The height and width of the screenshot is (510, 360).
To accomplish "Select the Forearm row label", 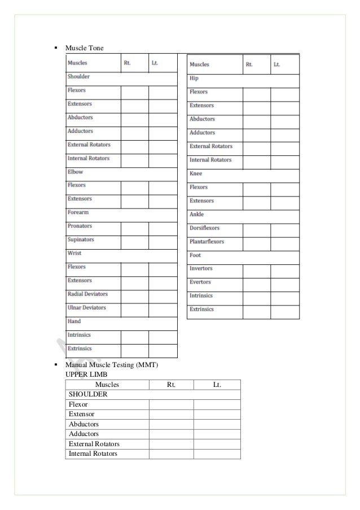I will (x=78, y=212).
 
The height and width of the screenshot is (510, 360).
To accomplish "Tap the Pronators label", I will (x=80, y=226).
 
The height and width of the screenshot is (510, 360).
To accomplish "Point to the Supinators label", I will (x=81, y=239).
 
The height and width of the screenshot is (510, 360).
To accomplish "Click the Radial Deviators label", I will (x=87, y=294).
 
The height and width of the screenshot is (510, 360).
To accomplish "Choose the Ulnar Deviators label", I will (x=86, y=308).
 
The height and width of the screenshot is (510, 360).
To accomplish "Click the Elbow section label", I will (x=75, y=172).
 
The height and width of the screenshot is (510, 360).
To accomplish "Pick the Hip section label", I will (x=194, y=79).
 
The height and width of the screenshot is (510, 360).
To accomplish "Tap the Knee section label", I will (x=196, y=174).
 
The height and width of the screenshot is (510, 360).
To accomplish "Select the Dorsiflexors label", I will (x=204, y=228).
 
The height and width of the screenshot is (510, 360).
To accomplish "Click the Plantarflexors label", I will (x=207, y=242).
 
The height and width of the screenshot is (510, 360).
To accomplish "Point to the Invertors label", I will (x=201, y=269).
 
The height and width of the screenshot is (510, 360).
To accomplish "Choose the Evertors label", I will (x=200, y=282).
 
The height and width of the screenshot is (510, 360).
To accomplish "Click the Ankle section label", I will (x=197, y=215).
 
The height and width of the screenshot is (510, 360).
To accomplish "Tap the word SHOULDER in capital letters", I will (x=86, y=395).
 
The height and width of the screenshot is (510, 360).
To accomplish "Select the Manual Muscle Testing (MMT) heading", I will (x=112, y=366).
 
